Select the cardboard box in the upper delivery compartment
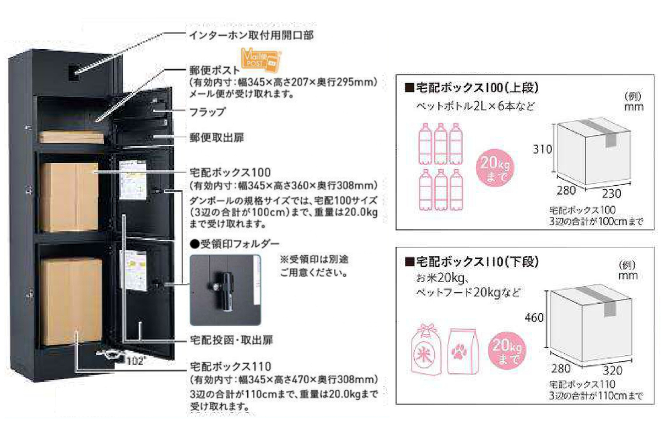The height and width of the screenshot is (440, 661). [69, 196]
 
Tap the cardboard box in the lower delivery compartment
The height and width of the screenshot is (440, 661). [71, 301]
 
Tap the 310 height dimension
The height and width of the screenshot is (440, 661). [542, 148]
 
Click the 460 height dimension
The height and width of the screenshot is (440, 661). [534, 318]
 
